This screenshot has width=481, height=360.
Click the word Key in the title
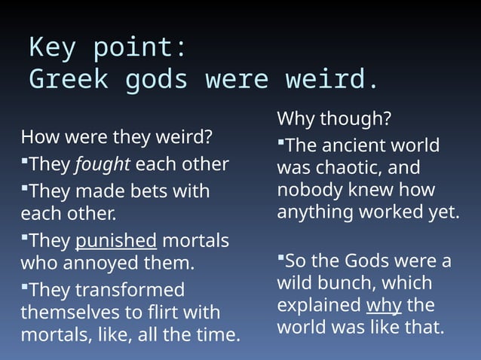(54, 48)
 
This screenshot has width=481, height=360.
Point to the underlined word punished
(116, 241)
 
